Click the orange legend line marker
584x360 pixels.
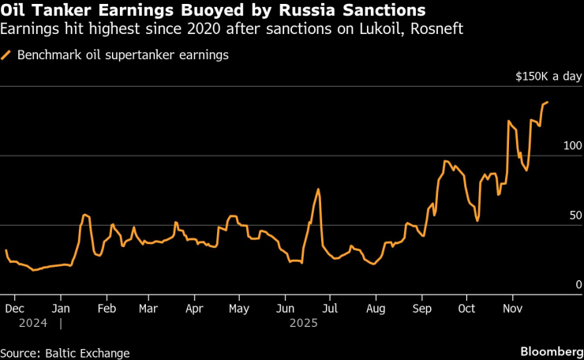click(x=7, y=55)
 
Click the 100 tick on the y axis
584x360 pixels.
click(x=572, y=146)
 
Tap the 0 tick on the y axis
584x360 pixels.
click(x=578, y=284)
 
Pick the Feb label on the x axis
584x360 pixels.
click(x=105, y=308)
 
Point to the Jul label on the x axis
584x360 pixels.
click(x=330, y=308)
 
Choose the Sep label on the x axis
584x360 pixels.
click(x=422, y=308)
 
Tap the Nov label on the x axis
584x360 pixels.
click(x=513, y=308)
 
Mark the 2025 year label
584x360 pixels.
click(x=304, y=323)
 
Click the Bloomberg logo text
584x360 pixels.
click(x=549, y=350)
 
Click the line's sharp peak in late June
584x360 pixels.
click(x=318, y=189)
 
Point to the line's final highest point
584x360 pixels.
click(x=547, y=102)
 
